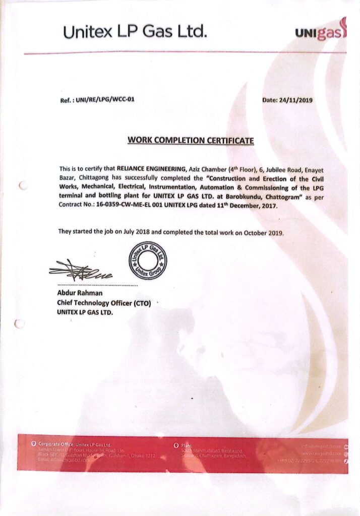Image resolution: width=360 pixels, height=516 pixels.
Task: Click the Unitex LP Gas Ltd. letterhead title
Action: point(135,33)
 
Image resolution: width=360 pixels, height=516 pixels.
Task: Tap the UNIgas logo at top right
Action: point(321,33)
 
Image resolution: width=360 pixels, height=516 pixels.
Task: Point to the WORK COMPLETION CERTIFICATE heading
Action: point(191,140)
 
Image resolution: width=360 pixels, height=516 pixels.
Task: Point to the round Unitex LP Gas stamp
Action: point(148,261)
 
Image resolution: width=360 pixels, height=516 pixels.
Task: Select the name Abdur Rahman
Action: point(80,293)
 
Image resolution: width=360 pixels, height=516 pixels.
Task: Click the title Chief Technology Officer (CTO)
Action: point(104,303)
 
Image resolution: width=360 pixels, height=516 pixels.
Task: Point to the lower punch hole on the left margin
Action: point(20,324)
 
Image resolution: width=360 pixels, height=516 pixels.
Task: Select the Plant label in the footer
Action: point(187,445)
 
